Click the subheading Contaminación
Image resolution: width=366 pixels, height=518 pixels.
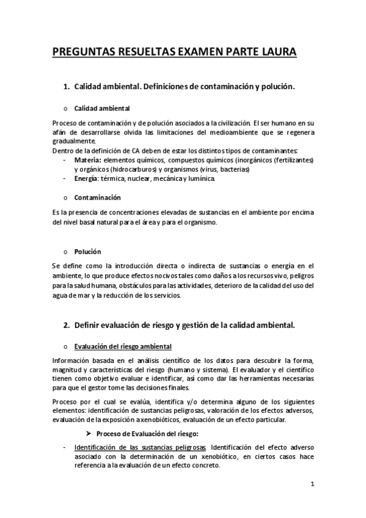97,198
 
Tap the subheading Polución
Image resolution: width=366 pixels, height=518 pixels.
87,252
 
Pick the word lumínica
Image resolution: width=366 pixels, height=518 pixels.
199,178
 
